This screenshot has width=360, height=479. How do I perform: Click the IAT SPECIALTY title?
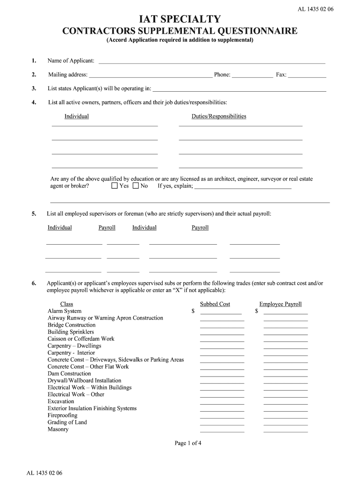(x=180, y=19)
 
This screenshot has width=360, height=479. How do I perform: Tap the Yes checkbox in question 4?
(x=115, y=186)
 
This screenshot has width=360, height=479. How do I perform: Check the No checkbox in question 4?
(x=136, y=186)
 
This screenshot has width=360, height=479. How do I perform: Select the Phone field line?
(x=252, y=75)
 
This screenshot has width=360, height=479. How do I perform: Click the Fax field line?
(x=307, y=75)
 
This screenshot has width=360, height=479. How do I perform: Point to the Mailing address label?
(x=68, y=75)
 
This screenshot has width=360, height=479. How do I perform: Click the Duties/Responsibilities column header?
(x=219, y=116)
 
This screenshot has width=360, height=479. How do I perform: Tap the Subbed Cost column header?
(x=215, y=304)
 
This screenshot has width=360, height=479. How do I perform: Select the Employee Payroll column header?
(x=281, y=304)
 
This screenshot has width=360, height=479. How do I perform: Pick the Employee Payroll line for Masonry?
(x=286, y=430)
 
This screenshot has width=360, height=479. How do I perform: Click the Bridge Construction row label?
(x=71, y=325)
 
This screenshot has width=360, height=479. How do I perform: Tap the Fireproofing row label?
(x=63, y=415)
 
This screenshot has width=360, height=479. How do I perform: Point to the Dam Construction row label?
(x=69, y=374)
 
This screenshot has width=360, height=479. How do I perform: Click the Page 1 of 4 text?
(x=188, y=443)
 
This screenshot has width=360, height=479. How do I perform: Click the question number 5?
(x=34, y=214)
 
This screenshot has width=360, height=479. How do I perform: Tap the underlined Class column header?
(x=67, y=304)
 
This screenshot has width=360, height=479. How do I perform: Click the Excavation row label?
(x=61, y=401)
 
